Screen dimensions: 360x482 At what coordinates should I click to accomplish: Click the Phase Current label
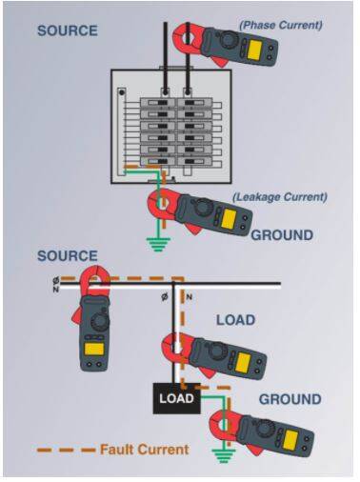pos(281,25)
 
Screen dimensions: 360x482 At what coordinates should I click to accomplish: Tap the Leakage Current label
pos(280,197)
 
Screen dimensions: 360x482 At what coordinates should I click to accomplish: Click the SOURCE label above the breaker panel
pos(68,30)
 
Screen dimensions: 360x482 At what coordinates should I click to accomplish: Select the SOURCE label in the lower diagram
pos(68,256)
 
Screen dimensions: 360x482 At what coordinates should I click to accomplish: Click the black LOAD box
pos(177,398)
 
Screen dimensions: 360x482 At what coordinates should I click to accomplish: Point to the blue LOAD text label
pos(235,320)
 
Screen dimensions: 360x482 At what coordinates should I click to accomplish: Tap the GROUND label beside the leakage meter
pos(282,235)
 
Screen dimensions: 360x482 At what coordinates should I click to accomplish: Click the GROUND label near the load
pos(290,399)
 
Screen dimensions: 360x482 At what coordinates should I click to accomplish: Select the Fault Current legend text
pos(145,450)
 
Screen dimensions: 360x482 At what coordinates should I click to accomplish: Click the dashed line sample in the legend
pos(66,450)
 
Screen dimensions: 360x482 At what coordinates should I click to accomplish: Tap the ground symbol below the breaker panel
pos(158,244)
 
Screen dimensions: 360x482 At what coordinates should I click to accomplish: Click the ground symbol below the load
pos(225,456)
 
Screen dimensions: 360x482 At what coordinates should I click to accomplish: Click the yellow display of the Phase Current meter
pos(254,50)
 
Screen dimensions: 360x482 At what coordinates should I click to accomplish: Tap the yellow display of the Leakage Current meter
pos(229,219)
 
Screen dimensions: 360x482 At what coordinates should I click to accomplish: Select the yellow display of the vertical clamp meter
pos(94,349)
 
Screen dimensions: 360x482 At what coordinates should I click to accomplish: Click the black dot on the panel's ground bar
pos(121,92)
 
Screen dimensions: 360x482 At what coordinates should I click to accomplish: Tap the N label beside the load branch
pos(189,297)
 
